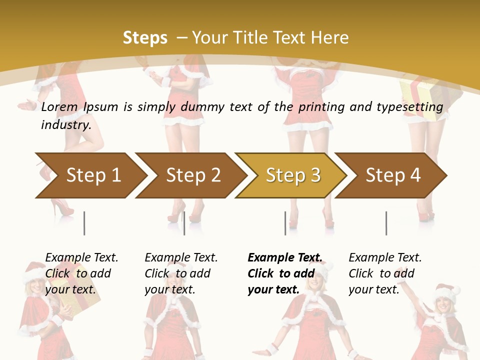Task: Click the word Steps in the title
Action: [x=145, y=37]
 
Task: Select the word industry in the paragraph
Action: [x=65, y=124]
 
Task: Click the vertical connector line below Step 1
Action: [x=84, y=223]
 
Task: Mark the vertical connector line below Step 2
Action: [x=184, y=223]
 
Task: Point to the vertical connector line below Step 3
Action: [x=285, y=223]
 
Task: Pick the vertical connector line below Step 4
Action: [x=386, y=223]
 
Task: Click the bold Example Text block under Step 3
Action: [x=284, y=273]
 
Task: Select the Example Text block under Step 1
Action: [x=81, y=273]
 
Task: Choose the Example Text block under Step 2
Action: [x=181, y=273]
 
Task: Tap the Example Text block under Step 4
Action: [x=385, y=273]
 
